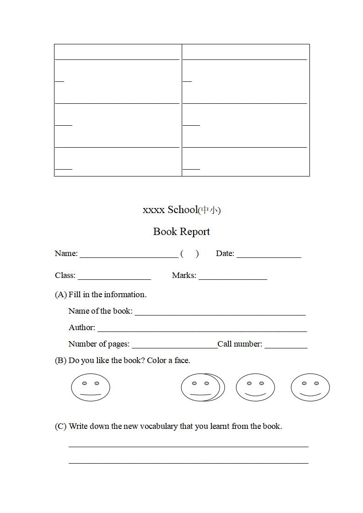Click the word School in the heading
click(182, 210)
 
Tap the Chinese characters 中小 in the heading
click(209, 210)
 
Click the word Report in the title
click(195, 232)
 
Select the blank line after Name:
click(129, 256)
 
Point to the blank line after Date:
click(269, 256)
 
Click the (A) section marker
click(60, 295)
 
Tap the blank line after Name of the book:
click(220, 314)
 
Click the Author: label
click(82, 328)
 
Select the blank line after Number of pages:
click(174, 347)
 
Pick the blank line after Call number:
click(286, 347)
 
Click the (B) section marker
click(60, 361)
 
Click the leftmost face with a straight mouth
click(91, 388)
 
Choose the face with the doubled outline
click(203, 388)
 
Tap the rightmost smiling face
click(310, 388)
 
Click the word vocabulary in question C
click(159, 427)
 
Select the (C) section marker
click(60, 427)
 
